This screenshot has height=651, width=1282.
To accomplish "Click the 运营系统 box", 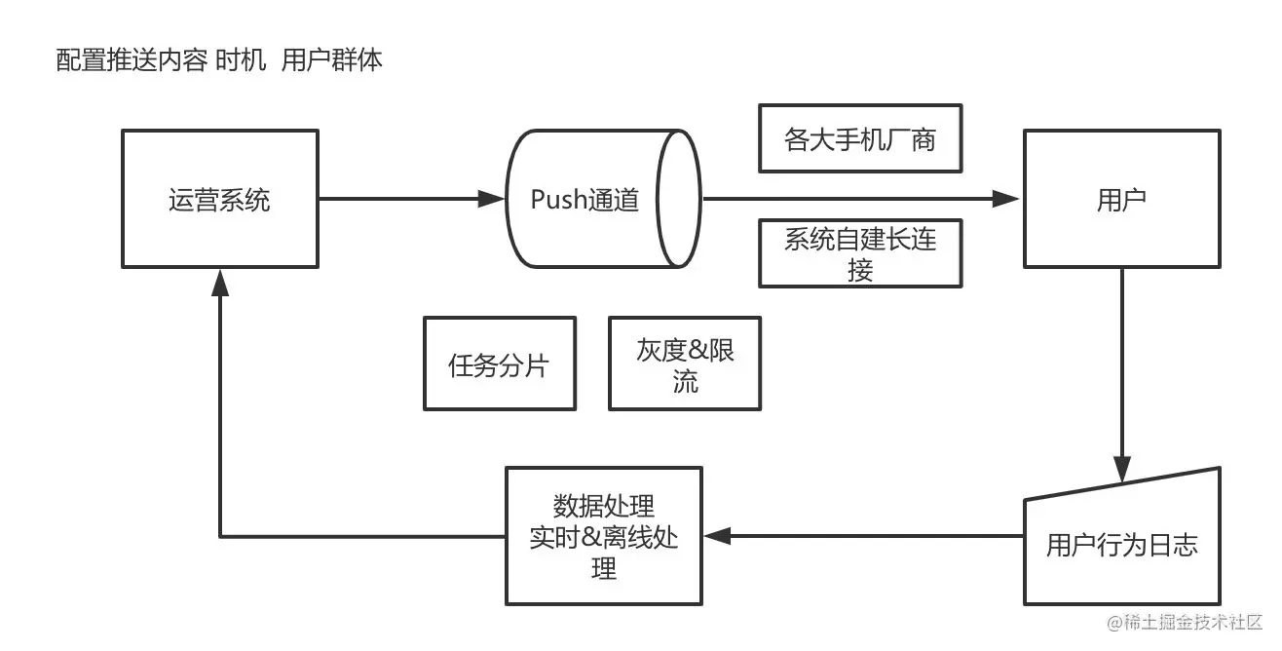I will pyautogui.click(x=219, y=199).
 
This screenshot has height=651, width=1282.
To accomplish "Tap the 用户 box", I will pyautogui.click(x=1121, y=199).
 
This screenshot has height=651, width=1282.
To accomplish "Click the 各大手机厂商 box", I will pyautogui.click(x=860, y=138).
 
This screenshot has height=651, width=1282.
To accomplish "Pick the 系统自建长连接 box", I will pyautogui.click(x=860, y=253).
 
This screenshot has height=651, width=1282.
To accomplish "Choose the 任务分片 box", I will pyautogui.click(x=499, y=364).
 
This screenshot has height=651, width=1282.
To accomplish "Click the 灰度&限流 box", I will pyautogui.click(x=685, y=364).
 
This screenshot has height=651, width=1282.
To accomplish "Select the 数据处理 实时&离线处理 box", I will pyautogui.click(x=604, y=535).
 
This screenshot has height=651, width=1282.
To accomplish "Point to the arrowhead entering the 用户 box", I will pyautogui.click(x=1007, y=199).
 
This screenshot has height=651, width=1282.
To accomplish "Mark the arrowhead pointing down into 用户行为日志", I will pyautogui.click(x=1122, y=470).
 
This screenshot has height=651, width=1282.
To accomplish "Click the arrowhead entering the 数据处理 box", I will pyautogui.click(x=717, y=535).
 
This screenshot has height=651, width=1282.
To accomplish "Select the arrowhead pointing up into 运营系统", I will pyautogui.click(x=220, y=282).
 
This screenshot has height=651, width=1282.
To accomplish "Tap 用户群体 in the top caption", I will pyautogui.click(x=332, y=60).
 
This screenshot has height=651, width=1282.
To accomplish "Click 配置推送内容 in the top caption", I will pyautogui.click(x=131, y=60).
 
